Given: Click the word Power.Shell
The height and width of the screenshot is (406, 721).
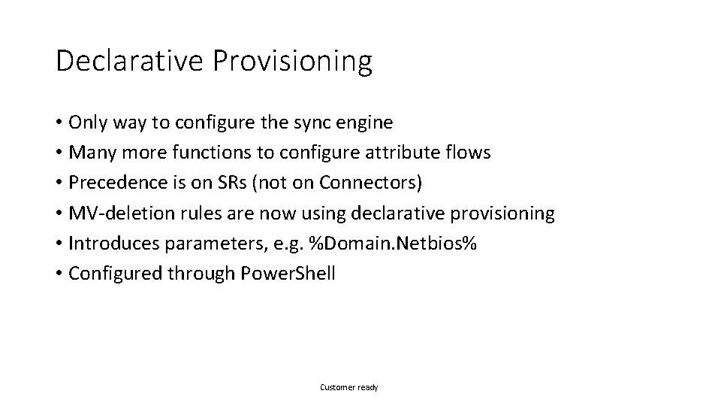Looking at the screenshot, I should [288, 274].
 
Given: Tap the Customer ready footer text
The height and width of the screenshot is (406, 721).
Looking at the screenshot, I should [349, 387].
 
